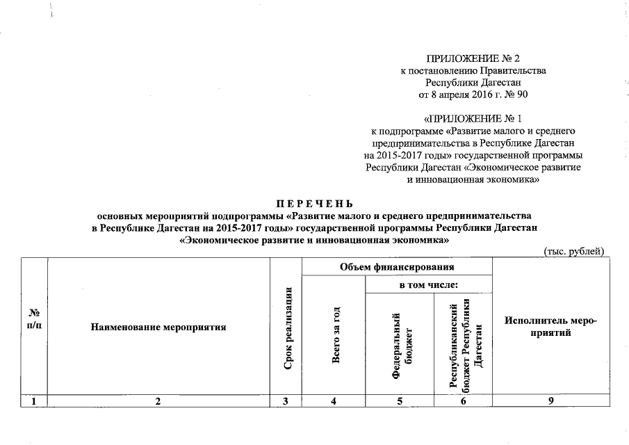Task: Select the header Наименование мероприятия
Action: (x=158, y=326)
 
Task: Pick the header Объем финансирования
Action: (x=397, y=266)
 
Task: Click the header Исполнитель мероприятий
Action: (x=551, y=326)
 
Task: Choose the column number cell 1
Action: (x=33, y=400)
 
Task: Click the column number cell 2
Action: (x=158, y=400)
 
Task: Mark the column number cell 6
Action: (x=462, y=400)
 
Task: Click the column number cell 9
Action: (x=551, y=400)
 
